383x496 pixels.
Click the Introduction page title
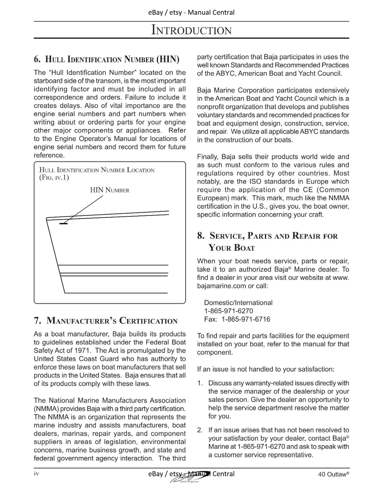(191, 30)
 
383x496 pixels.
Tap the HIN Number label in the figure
(109, 190)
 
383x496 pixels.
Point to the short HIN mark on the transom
(64, 223)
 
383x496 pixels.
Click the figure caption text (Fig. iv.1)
(54, 178)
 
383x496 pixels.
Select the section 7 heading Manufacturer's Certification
(106, 321)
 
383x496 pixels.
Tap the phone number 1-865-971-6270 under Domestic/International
(228, 311)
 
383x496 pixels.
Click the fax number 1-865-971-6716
(245, 319)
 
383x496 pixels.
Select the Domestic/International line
(238, 303)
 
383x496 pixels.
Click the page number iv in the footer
(36, 473)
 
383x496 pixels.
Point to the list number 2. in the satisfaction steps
(200, 430)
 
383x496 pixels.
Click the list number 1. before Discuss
(200, 383)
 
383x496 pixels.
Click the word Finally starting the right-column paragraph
(208, 157)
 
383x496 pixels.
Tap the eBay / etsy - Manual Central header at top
(191, 12)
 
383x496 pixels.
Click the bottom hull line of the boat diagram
(116, 293)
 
